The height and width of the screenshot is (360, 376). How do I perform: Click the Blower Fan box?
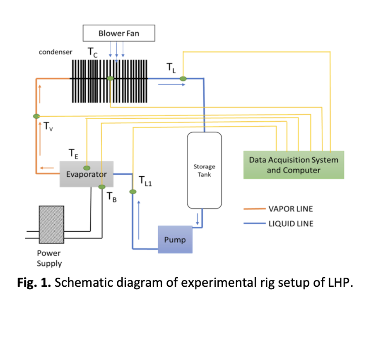[119, 33]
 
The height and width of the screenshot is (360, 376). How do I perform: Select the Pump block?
[175, 240]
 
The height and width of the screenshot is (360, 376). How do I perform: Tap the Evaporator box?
[87, 174]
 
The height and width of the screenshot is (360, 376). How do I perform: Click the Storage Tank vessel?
[204, 170]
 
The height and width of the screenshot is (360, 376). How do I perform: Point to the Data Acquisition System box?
[294, 165]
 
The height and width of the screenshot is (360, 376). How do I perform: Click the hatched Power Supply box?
[52, 225]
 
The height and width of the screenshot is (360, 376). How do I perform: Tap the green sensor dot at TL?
[183, 79]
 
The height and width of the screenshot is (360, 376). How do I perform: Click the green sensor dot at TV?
[36, 116]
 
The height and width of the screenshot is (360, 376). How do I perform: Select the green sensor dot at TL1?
[133, 192]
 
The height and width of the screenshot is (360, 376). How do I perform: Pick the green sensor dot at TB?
[102, 187]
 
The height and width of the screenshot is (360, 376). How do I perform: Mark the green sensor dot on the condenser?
[110, 78]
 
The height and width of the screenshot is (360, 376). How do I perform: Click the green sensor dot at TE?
[87, 168]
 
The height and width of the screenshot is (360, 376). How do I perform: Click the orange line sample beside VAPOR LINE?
[255, 209]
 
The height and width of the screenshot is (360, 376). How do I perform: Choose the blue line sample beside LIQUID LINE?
[255, 223]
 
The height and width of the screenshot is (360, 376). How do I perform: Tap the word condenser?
[55, 52]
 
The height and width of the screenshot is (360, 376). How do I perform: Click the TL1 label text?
[145, 181]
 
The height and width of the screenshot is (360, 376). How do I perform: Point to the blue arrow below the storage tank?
[198, 219]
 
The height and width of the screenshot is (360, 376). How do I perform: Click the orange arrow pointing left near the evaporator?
[47, 168]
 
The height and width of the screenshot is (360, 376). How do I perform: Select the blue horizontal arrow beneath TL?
[171, 84]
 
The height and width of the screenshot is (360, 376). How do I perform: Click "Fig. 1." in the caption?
[34, 282]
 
